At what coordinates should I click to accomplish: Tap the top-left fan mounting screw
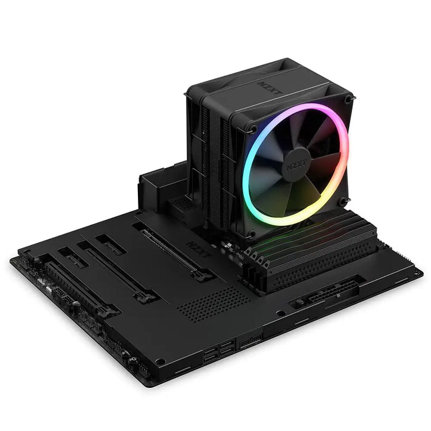pos(252,129)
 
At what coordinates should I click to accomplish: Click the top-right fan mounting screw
pos(348,99)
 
